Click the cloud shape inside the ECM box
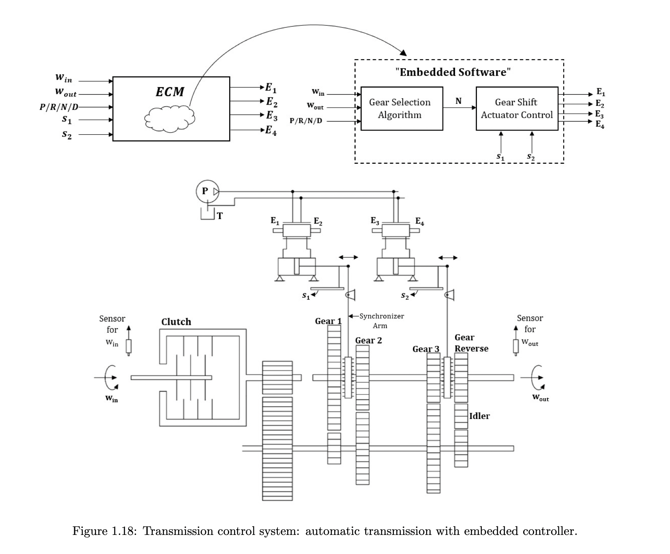(170, 119)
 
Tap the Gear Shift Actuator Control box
(517, 108)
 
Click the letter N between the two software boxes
(458, 101)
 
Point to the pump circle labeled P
(206, 191)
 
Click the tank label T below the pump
(219, 216)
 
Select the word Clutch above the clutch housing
(176, 322)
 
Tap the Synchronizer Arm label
(381, 320)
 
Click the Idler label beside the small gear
(479, 416)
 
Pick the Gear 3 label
(425, 349)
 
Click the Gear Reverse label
(471, 343)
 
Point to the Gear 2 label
(368, 340)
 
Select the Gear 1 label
(328, 321)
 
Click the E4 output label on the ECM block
(271, 131)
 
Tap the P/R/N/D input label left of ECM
(59, 107)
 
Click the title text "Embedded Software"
(453, 72)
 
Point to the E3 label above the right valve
(375, 221)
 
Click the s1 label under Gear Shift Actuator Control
(500, 157)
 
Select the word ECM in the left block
(170, 92)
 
